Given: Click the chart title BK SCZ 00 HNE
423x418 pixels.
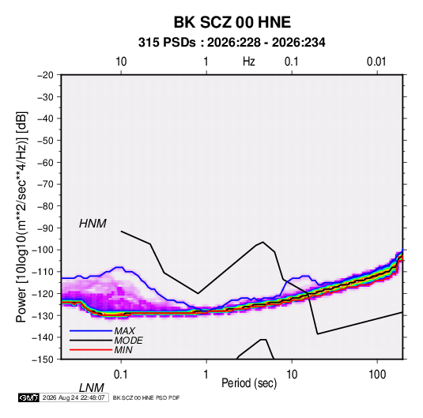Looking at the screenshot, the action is point(232,22).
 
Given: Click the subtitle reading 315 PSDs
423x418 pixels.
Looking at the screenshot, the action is point(167,43).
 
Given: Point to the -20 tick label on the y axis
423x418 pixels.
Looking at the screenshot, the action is point(45,75).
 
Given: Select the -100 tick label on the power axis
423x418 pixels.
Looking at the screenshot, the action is point(43,250).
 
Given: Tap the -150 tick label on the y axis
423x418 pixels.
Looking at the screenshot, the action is point(43,360).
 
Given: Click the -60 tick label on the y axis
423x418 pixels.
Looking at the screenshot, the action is point(45,162).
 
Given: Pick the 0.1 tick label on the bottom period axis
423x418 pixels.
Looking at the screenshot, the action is point(120,375).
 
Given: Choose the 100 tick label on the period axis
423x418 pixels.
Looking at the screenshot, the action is point(377,375).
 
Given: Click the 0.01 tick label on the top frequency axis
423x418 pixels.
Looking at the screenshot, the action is point(376,62).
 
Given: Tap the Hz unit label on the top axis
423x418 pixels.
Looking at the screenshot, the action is point(249,62).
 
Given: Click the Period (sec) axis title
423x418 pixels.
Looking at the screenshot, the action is point(249,383).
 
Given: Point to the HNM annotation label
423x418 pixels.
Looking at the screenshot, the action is point(93,224).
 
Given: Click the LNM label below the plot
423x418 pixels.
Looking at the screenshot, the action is point(91,388).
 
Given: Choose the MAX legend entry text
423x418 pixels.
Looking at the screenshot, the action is point(124,331).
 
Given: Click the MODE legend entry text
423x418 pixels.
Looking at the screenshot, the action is point(128,341).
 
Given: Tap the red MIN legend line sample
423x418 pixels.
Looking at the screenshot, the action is point(91,350).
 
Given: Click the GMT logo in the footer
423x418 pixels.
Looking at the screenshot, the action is point(28,397).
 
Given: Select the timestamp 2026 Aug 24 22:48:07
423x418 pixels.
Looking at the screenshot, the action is point(74,397).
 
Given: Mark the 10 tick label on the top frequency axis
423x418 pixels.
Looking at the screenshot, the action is point(121,62).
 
